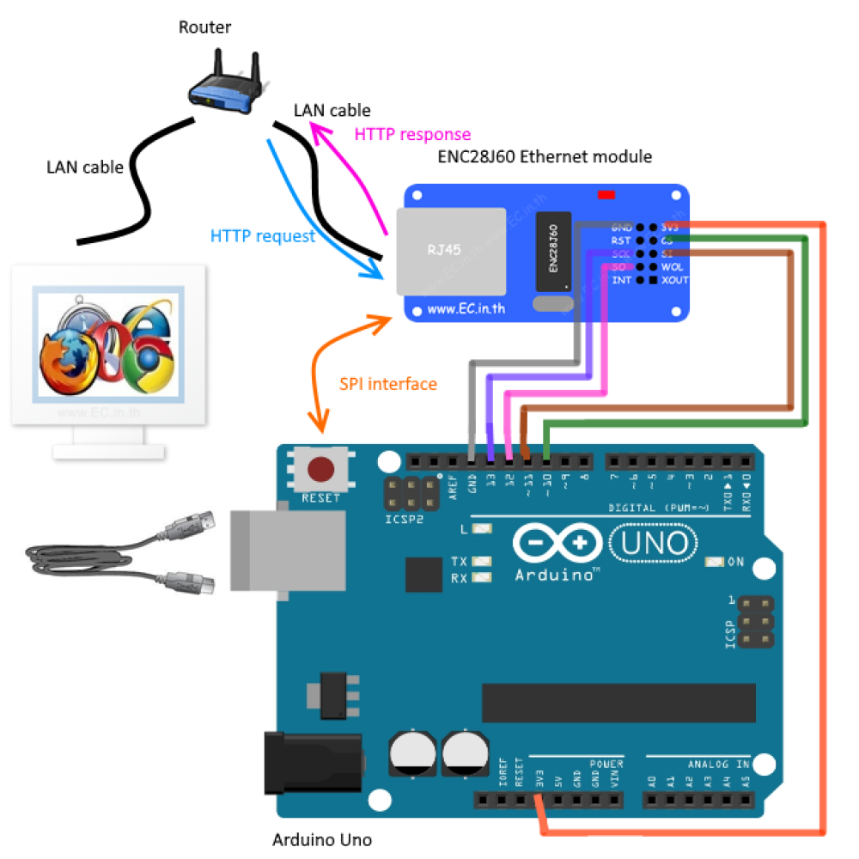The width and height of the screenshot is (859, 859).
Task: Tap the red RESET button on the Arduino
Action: coord(321,470)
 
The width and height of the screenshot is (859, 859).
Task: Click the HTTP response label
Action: coord(412,135)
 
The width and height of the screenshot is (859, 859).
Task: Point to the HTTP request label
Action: coord(263,236)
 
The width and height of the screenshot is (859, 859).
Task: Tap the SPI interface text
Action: coord(387,384)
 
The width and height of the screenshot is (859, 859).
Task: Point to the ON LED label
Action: coord(735,562)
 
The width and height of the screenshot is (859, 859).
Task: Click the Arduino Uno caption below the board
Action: coord(322,839)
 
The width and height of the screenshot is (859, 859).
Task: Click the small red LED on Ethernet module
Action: coord(606,195)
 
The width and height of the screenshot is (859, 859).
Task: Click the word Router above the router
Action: coord(204,27)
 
